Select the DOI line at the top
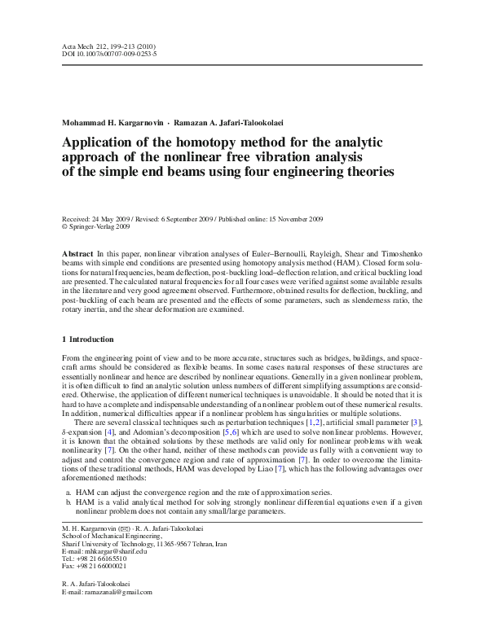click(x=110, y=55)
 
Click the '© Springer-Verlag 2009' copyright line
click(x=96, y=228)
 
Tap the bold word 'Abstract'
click(x=77, y=255)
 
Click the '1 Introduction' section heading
click(x=88, y=339)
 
